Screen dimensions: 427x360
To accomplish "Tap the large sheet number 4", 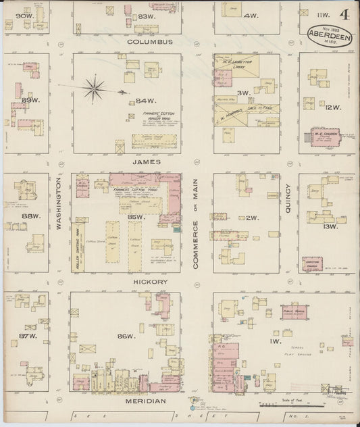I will click(x=344, y=14).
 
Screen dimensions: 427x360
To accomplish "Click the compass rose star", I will click(x=95, y=86).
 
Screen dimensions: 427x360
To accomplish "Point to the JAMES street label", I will click(x=145, y=162).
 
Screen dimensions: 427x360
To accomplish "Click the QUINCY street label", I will click(x=288, y=200).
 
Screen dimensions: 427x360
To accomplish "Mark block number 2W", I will click(x=252, y=218).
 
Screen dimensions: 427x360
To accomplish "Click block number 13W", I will click(x=332, y=226).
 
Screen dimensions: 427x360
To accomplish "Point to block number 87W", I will click(x=27, y=335).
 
